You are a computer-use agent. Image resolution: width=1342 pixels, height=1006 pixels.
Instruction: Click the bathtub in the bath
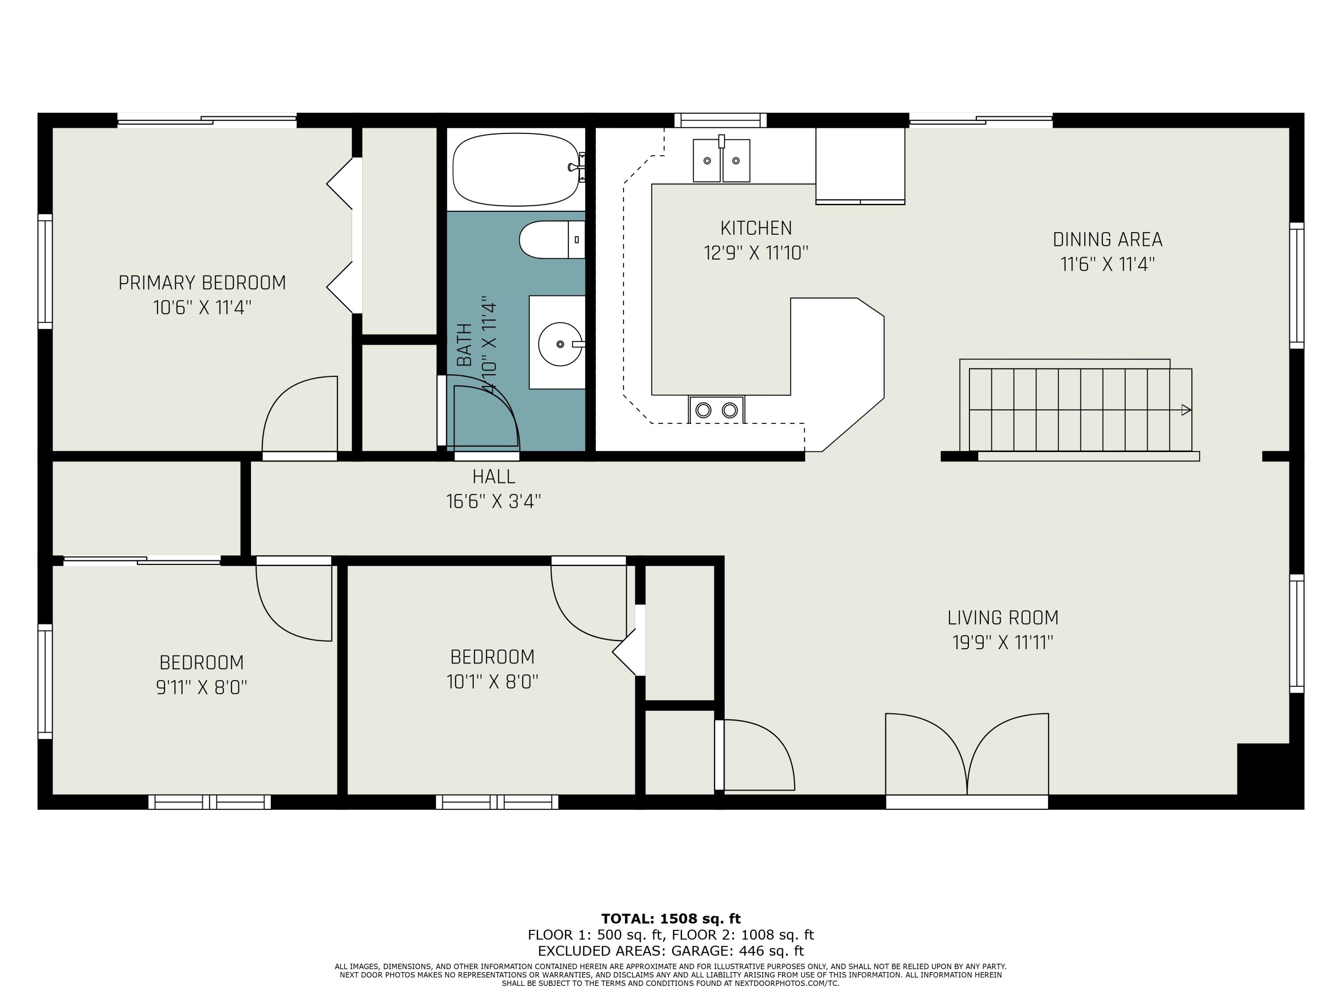pyautogui.click(x=516, y=170)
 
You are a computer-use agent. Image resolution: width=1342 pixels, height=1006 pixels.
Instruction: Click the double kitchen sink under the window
pyautogui.click(x=722, y=160)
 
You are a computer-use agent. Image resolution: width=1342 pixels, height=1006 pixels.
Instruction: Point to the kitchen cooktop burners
pyautogui.click(x=717, y=410)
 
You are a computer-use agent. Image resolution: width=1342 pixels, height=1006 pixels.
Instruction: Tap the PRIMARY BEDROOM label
pyautogui.click(x=202, y=283)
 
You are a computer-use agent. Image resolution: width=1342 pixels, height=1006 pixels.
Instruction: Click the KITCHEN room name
pyautogui.click(x=756, y=228)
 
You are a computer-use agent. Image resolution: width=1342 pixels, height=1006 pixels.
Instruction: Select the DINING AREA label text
pyautogui.click(x=1107, y=240)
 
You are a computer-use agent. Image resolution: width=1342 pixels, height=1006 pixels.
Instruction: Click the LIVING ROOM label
pyautogui.click(x=1003, y=617)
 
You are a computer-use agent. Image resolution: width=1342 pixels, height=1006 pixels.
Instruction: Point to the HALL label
pyautogui.click(x=494, y=477)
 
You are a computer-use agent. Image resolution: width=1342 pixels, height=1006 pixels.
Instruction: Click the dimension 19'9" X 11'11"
pyautogui.click(x=1003, y=642)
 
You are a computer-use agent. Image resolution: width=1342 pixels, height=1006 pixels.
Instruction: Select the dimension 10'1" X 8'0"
pyautogui.click(x=493, y=681)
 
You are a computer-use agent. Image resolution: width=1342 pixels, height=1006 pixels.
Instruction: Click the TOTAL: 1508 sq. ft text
pyautogui.click(x=671, y=919)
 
